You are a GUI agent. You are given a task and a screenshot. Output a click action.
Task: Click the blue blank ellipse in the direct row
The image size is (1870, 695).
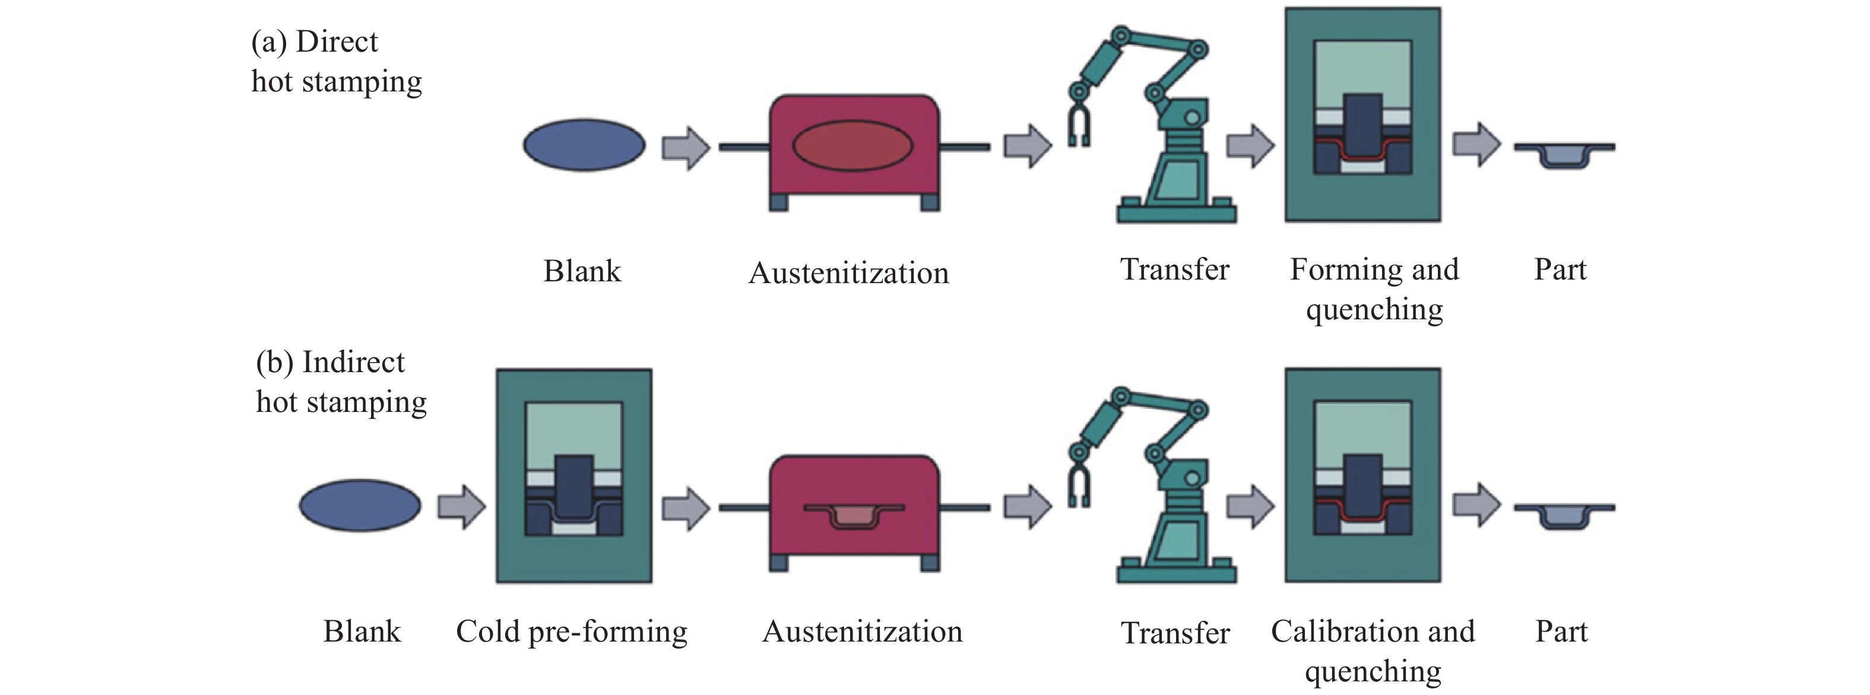(584, 145)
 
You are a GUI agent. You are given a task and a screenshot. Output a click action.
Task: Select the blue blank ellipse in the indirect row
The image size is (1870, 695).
(360, 505)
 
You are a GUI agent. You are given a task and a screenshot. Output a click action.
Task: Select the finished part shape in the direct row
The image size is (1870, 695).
(1564, 154)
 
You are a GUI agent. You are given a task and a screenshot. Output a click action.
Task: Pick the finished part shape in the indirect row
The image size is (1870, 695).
(1564, 515)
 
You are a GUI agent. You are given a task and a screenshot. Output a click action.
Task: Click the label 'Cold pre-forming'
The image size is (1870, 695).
(571, 631)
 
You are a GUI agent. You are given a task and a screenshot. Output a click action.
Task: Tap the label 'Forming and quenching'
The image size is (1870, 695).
(1374, 288)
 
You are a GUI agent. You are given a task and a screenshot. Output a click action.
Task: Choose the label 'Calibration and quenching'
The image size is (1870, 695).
(1373, 650)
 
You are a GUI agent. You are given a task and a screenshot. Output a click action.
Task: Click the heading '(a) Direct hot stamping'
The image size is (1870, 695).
(336, 62)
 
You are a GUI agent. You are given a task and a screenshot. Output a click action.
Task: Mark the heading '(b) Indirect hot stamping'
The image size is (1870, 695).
(341, 382)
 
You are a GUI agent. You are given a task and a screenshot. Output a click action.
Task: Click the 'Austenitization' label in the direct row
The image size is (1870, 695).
(848, 273)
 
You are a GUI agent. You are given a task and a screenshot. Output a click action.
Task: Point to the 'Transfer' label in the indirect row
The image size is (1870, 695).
(1175, 633)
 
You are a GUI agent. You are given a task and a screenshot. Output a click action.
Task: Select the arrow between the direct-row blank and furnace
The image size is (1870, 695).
(685, 148)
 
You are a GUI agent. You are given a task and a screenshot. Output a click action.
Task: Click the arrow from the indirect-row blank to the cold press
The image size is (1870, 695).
(461, 506)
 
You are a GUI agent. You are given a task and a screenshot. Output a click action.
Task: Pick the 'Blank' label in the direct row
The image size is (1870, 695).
(582, 271)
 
